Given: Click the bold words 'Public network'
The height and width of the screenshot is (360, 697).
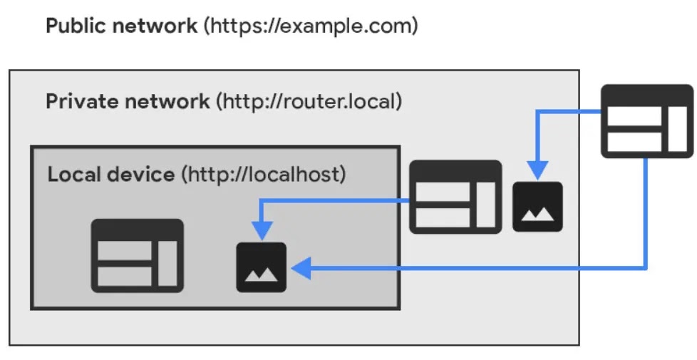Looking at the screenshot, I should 121,26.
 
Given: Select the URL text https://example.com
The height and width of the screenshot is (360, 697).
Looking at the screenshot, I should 310,26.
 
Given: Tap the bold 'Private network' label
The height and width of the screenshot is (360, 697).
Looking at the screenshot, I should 128,101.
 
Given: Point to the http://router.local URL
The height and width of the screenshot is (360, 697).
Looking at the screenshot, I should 309,101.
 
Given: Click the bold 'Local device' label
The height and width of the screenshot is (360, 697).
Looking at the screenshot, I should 110,174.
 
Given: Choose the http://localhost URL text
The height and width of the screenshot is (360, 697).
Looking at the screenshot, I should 264,174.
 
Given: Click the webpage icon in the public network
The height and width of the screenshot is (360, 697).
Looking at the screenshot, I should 646,120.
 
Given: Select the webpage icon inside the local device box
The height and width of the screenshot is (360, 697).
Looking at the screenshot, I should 137,255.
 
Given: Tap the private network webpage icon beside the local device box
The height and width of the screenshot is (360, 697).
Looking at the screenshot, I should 455,197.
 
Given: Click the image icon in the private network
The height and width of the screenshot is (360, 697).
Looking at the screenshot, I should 537,207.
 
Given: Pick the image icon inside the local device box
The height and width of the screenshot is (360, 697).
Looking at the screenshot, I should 261,267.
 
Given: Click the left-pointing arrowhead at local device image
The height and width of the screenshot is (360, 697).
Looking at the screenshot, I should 299,269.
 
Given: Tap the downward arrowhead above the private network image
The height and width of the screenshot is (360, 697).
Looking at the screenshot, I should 537,170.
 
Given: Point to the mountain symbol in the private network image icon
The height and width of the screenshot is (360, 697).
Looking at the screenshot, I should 537,214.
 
